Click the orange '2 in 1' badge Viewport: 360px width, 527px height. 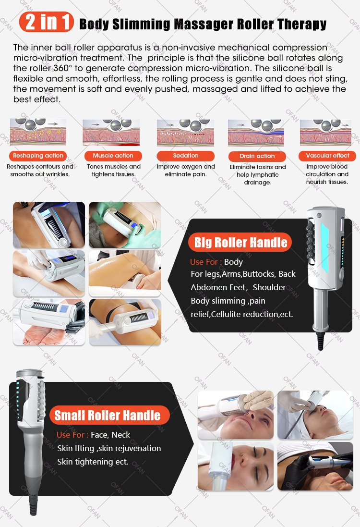click(x=47, y=22)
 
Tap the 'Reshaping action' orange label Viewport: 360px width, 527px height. click(x=38, y=156)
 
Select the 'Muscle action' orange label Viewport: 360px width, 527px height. click(x=113, y=156)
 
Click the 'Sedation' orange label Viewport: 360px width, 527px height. click(x=186, y=156)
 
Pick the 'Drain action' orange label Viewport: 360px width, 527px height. click(x=257, y=156)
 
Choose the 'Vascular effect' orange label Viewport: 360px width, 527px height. click(x=328, y=156)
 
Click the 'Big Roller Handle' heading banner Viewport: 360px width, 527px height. click(x=240, y=242)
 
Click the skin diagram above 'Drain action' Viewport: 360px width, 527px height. click(x=256, y=133)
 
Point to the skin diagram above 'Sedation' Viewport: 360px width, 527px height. click(x=185, y=133)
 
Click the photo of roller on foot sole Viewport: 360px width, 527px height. click(x=49, y=322)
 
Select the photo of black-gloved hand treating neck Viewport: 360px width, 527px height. click(x=315, y=466)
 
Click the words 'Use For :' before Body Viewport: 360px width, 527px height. click(x=206, y=262)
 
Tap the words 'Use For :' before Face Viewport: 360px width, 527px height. click(x=72, y=435)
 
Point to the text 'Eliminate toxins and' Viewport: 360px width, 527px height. click(x=257, y=167)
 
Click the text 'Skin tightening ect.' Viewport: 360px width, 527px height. click(x=93, y=462)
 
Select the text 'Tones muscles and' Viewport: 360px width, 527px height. click(x=114, y=167)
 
